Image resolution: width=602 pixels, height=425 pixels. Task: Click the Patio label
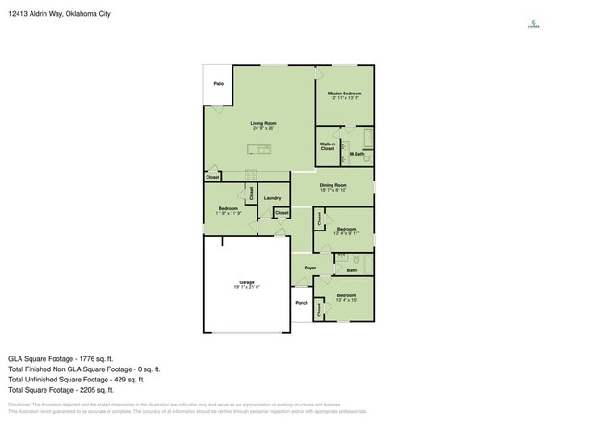click(x=219, y=84)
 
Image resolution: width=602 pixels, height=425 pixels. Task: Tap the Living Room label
click(x=263, y=123)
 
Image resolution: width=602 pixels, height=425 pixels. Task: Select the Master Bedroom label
click(x=345, y=94)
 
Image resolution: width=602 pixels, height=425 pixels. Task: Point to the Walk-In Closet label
click(x=328, y=146)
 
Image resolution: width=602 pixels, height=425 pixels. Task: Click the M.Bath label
click(x=357, y=154)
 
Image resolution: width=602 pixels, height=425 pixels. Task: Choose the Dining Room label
click(x=333, y=185)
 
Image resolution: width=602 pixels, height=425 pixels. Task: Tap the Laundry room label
click(x=271, y=198)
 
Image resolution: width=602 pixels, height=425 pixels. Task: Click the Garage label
click(x=245, y=284)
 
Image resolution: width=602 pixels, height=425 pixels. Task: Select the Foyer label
click(x=309, y=269)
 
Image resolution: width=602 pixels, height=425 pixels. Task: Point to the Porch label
click(x=301, y=303)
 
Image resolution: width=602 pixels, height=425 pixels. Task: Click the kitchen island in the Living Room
click(x=258, y=149)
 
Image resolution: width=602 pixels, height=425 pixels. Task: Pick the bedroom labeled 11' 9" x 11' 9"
click(x=228, y=210)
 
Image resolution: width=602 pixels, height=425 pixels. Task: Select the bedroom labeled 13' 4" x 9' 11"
click(x=346, y=230)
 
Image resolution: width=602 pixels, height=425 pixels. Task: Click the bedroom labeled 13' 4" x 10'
click(x=345, y=297)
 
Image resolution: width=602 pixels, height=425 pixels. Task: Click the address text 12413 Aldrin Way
click(x=48, y=14)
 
